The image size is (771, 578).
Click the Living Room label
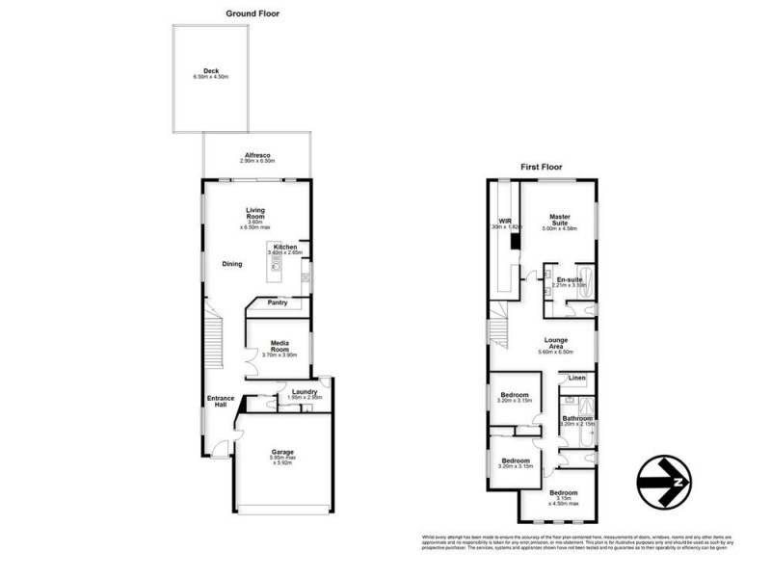(x=255, y=213)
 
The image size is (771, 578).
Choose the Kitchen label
(x=285, y=247)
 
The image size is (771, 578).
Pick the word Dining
(x=232, y=264)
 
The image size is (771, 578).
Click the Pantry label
(x=278, y=302)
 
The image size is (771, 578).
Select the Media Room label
(x=280, y=345)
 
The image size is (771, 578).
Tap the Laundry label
(x=305, y=392)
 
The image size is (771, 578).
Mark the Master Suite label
(x=560, y=219)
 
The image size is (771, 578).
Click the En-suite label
(x=569, y=279)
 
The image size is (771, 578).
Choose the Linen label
(x=576, y=378)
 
